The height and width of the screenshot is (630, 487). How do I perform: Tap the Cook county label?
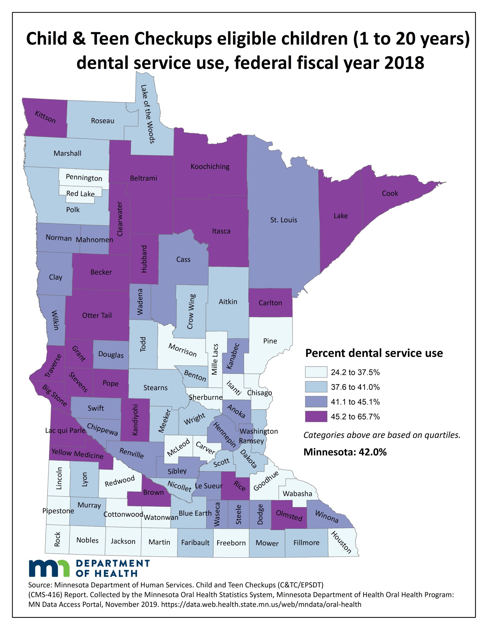tap(390, 193)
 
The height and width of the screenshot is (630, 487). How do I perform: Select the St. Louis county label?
tap(283, 220)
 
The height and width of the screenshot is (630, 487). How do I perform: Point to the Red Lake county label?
tap(80, 194)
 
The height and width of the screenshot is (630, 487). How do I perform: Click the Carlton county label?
tap(270, 303)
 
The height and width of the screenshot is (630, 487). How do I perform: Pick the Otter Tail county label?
tap(97, 315)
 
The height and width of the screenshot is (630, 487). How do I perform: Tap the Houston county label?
tap(341, 542)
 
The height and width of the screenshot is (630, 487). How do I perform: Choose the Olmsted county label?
tap(289, 515)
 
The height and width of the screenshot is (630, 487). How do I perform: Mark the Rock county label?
tap(57, 539)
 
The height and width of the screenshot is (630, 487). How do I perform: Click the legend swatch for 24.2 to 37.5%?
tap(316, 372)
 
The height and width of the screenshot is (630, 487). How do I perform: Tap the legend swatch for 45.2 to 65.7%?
tap(316, 416)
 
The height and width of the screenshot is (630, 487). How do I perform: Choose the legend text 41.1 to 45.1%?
tap(355, 402)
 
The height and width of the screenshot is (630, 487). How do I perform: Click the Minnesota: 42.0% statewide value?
tap(345, 452)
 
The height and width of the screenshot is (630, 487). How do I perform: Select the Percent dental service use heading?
tap(374, 353)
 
